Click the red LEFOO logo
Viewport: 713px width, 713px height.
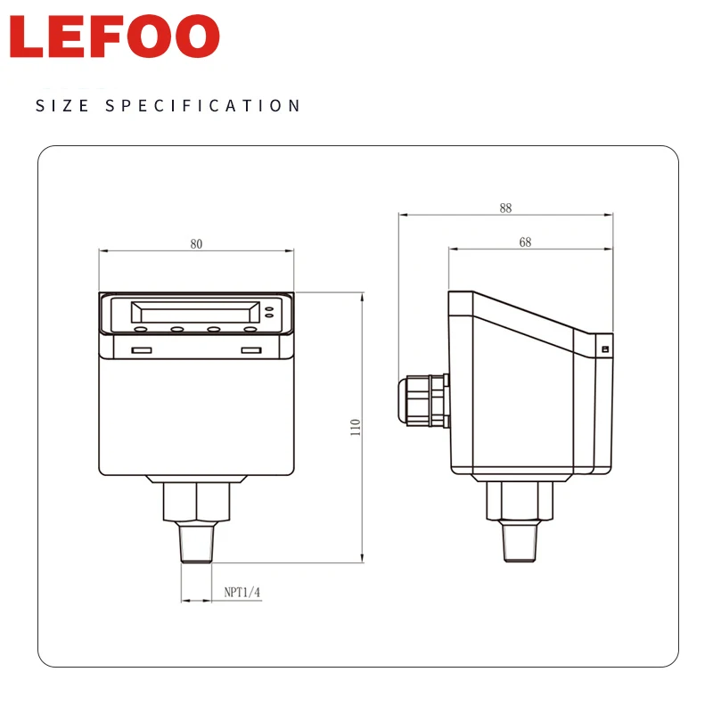(115, 37)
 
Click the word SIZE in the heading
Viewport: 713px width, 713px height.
(61, 106)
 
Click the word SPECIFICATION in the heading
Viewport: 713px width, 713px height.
(204, 106)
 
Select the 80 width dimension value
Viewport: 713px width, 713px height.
(196, 244)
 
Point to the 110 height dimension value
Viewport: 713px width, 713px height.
(355, 427)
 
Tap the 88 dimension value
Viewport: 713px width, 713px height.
(506, 208)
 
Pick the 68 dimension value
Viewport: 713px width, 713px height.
(525, 242)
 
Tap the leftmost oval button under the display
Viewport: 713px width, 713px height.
(141, 330)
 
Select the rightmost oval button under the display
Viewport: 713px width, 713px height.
(250, 330)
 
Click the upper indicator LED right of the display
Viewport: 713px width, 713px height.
(269, 307)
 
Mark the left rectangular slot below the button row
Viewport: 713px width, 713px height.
(141, 350)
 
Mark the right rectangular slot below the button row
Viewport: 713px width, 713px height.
(251, 350)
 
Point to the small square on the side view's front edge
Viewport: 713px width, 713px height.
(605, 348)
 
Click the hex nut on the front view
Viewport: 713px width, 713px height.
(196, 503)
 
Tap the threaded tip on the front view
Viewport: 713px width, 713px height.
(196, 542)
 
